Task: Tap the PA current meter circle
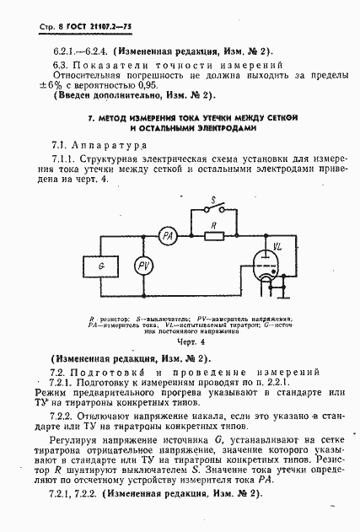click(x=167, y=236)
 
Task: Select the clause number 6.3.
click(x=59, y=65)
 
